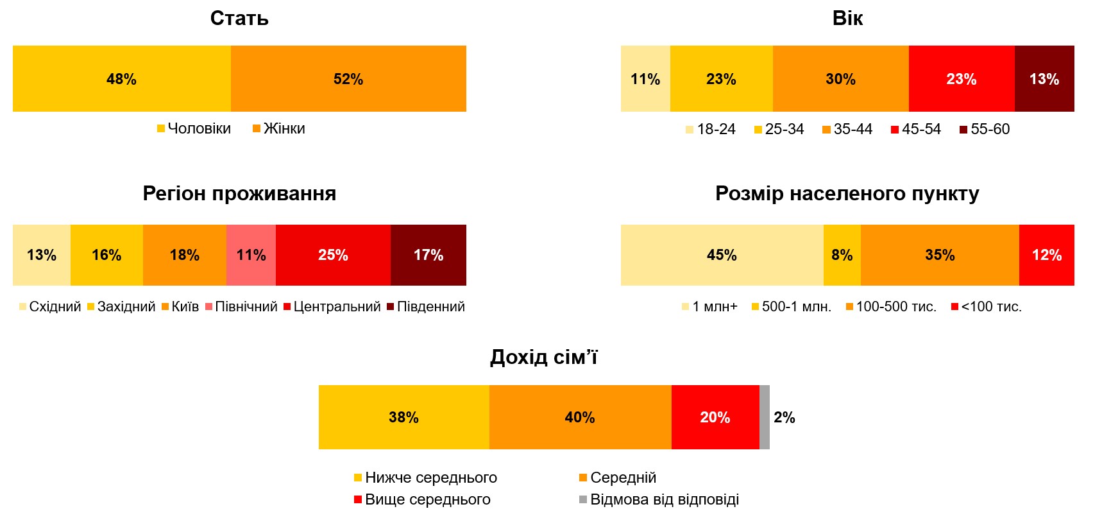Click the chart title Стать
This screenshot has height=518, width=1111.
click(x=239, y=19)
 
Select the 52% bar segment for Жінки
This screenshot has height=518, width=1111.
click(x=348, y=79)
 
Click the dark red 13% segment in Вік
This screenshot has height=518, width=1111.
click(x=1044, y=79)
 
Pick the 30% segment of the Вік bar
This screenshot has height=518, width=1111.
click(x=840, y=79)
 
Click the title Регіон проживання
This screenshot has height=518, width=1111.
click(x=239, y=193)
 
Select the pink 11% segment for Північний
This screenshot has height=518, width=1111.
click(x=251, y=255)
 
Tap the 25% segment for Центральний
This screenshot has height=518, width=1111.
click(x=333, y=255)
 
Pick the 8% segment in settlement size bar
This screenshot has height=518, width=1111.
click(x=842, y=255)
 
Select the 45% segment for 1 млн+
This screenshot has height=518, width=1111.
click(x=722, y=255)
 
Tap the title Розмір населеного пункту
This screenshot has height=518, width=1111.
click(x=847, y=193)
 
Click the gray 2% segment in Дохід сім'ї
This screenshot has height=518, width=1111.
click(x=764, y=417)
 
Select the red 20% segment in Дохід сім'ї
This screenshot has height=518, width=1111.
click(x=715, y=417)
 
